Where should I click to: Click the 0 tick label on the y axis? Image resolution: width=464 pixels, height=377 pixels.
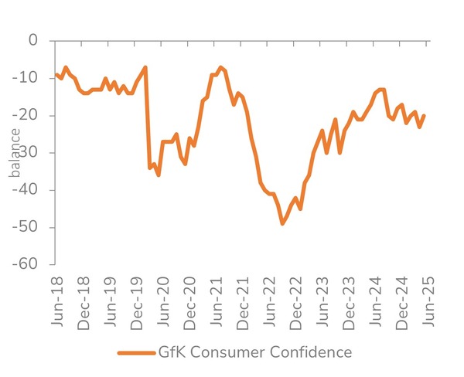coord(33,40)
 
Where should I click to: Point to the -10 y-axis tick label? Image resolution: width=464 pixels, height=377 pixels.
coord(26,78)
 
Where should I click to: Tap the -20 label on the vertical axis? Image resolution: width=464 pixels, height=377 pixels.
coord(26,115)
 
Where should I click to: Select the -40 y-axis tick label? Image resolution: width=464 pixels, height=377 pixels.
coord(26,189)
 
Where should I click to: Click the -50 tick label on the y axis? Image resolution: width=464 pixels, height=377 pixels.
coord(26,227)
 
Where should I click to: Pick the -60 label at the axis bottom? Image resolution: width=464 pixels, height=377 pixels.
coord(26,263)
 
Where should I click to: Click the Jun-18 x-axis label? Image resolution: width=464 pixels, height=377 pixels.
coord(57,301)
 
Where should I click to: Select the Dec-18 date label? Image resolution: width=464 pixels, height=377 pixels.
coord(84,304)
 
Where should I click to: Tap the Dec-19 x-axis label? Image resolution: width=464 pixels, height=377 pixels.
coord(137,304)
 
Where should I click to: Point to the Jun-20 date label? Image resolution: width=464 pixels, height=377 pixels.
coord(163,301)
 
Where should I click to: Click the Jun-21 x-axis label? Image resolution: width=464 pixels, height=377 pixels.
coord(217,301)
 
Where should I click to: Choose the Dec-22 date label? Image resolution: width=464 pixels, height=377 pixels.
coord(296,304)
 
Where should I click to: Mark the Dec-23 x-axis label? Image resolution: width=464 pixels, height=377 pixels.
coord(349,304)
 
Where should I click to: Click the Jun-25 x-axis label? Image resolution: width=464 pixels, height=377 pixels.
coord(428,301)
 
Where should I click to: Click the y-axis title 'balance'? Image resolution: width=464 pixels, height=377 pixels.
coord(15,153)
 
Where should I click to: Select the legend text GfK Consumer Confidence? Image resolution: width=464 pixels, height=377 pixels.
coord(255,352)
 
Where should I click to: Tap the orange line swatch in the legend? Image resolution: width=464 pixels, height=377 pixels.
coord(136,353)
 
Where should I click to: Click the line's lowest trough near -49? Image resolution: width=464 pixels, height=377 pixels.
coord(282,223)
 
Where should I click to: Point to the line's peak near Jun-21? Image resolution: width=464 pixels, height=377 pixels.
coord(220,68)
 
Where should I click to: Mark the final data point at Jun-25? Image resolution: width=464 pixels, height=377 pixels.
coord(425,116)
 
